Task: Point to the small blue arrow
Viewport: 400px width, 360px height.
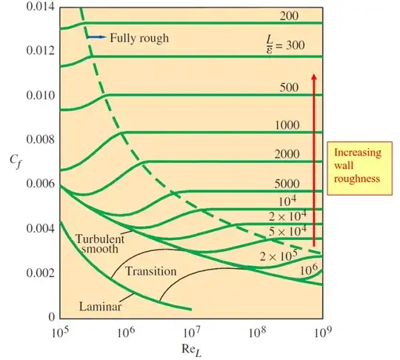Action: click(95, 36)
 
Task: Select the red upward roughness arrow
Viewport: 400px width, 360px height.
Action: click(313, 159)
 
